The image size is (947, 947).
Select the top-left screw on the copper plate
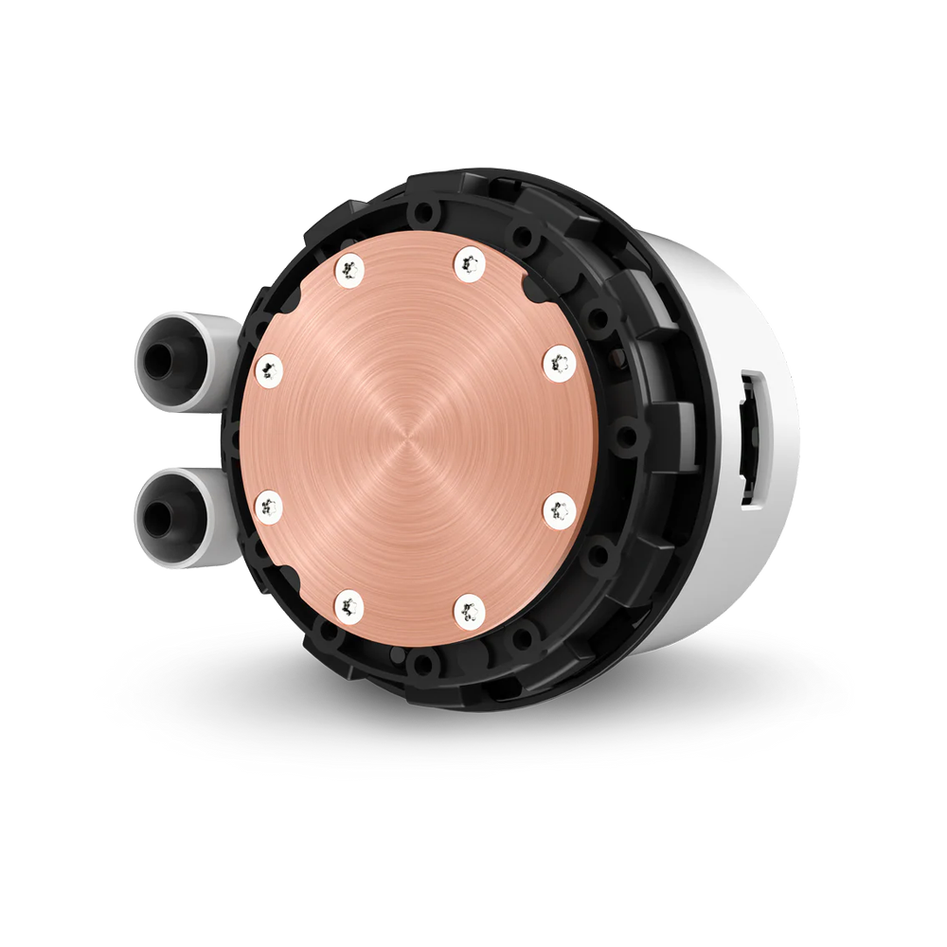[x=348, y=268]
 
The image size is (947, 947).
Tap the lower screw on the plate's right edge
[x=559, y=509]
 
